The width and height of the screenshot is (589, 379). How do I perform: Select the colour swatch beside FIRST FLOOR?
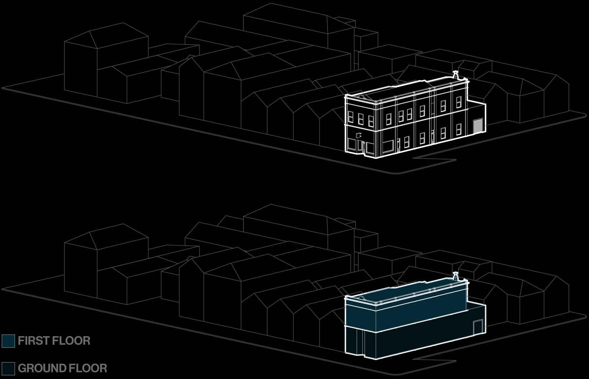pyautogui.click(x=8, y=341)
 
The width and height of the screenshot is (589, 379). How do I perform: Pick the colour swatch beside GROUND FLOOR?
pyautogui.click(x=8, y=368)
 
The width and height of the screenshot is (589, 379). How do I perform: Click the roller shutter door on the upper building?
pyautogui.click(x=477, y=127)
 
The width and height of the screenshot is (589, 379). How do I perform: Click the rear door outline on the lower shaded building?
pyautogui.click(x=478, y=326)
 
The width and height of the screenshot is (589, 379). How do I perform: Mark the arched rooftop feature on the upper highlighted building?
pyautogui.click(x=361, y=96)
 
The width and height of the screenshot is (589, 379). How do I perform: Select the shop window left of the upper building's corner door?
pyautogui.click(x=352, y=145)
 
